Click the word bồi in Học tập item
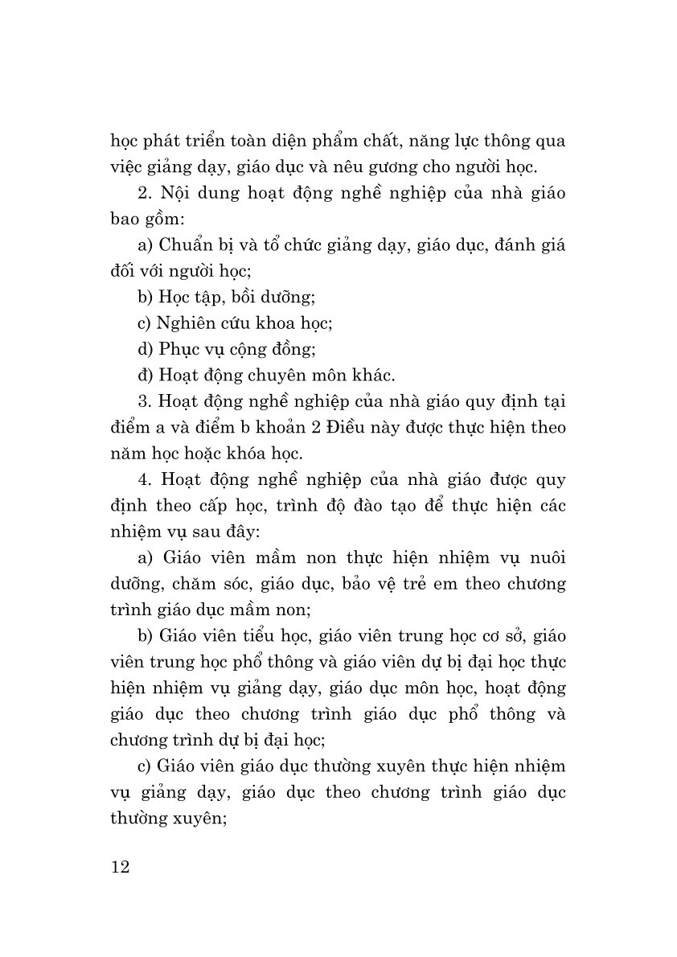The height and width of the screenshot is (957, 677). coord(224,297)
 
